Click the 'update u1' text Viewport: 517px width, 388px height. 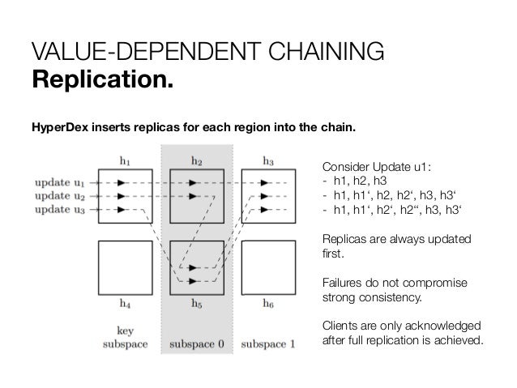pyautogui.click(x=59, y=183)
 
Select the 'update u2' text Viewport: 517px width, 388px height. pyautogui.click(x=59, y=197)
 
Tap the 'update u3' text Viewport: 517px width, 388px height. pyautogui.click(x=59, y=211)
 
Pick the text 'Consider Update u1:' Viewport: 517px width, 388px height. pyautogui.click(x=377, y=167)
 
